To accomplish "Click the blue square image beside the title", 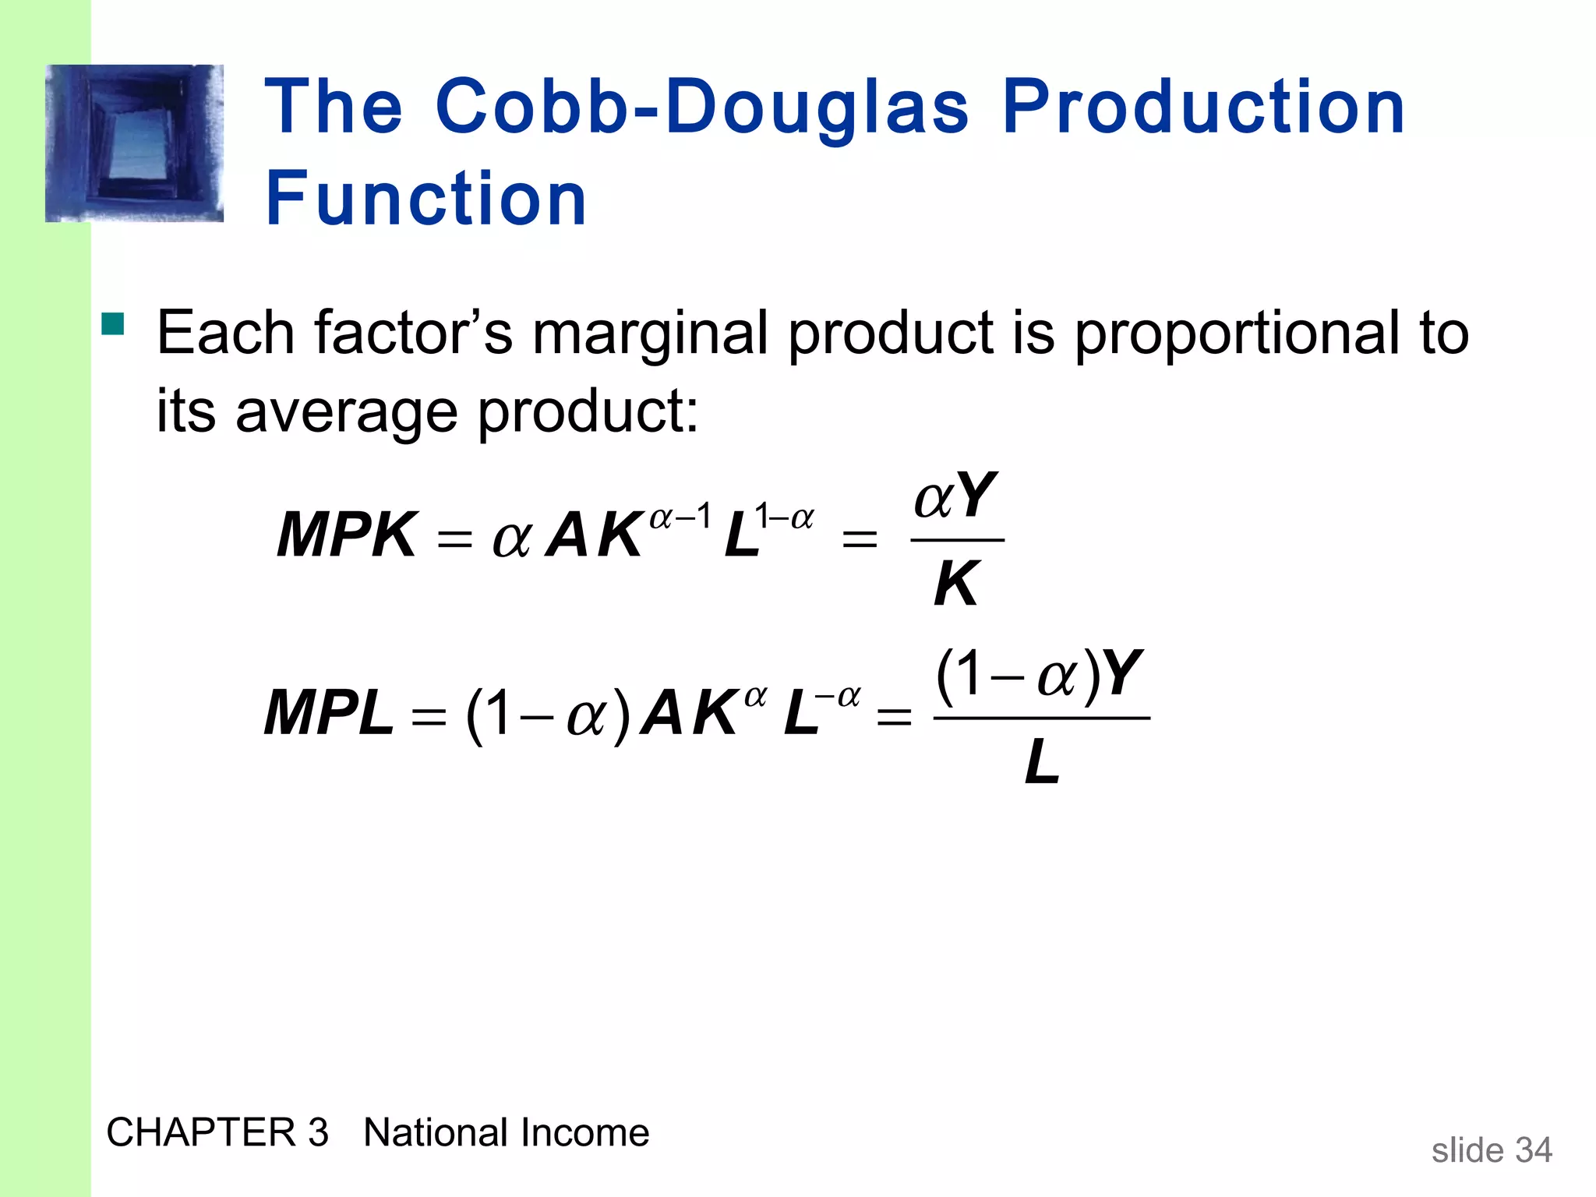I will point(134,143).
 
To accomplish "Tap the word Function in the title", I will point(425,199).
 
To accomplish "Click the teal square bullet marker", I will point(113,323).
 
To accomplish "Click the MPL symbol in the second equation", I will point(329,713).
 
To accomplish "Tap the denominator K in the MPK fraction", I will point(955,584).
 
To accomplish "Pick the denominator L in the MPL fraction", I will point(1042,762).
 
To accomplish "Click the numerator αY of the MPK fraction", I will point(955,496).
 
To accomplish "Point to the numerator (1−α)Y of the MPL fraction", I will point(1040,673).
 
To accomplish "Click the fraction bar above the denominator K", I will point(957,539).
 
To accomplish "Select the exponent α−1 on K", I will point(680,516).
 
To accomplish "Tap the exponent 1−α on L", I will point(784,516).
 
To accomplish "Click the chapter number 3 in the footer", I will point(318,1132).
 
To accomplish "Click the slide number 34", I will point(1533,1150).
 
